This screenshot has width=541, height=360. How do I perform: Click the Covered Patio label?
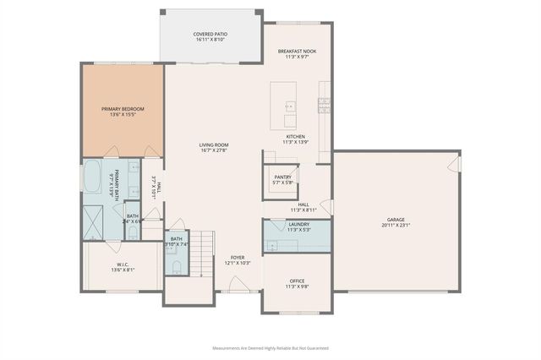(210, 35)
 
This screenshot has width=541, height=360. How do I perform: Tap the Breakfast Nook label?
(297, 52)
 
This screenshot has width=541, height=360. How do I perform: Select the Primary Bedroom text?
(123, 109)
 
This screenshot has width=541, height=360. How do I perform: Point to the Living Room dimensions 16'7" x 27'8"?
(214, 150)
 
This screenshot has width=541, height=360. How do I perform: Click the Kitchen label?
(295, 136)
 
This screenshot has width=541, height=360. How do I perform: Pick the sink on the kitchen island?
(289, 107)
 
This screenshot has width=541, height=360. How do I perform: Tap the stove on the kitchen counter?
(324, 105)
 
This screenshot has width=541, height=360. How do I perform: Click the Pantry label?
(282, 177)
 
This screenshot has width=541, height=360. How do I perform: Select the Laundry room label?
(298, 224)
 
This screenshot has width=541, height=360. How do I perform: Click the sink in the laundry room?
(271, 244)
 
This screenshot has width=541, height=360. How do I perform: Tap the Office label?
(297, 281)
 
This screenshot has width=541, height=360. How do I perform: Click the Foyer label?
(238, 258)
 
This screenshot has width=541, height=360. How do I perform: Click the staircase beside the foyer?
(199, 254)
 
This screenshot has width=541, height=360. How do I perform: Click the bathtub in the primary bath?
(92, 179)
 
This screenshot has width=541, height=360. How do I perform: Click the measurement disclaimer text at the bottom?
(270, 347)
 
